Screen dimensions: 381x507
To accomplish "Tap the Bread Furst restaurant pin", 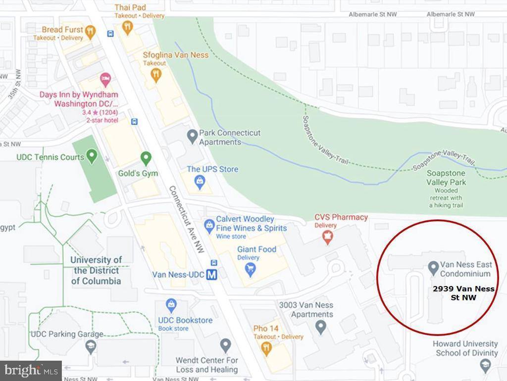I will point(90,33).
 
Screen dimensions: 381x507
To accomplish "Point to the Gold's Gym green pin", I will point(146,158).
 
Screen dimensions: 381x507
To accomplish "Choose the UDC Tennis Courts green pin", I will point(92,157).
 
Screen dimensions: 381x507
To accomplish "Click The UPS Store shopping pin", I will point(200,181).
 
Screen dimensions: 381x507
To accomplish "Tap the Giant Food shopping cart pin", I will point(251,269).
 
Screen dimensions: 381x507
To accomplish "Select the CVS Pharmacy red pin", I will point(327,238).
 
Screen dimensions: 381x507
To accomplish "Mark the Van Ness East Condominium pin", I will point(433,268).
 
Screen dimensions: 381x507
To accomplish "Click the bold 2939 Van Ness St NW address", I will point(463,293).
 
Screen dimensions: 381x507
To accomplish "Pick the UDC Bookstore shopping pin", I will point(171,303).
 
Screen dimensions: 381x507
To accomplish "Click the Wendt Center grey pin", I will point(225,345).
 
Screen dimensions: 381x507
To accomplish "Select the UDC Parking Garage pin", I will point(91,347).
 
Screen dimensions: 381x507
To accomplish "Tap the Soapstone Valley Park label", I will point(446,178).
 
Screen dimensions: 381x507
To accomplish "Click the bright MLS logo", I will point(31,370).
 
